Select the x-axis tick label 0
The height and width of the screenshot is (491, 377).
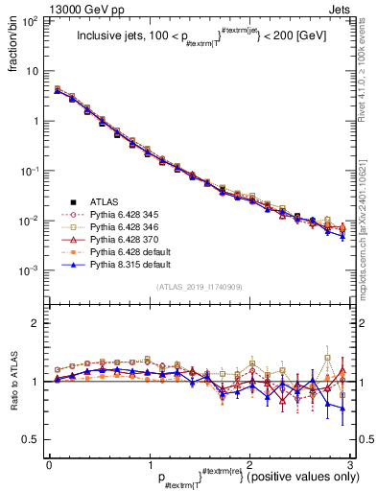(48, 463)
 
